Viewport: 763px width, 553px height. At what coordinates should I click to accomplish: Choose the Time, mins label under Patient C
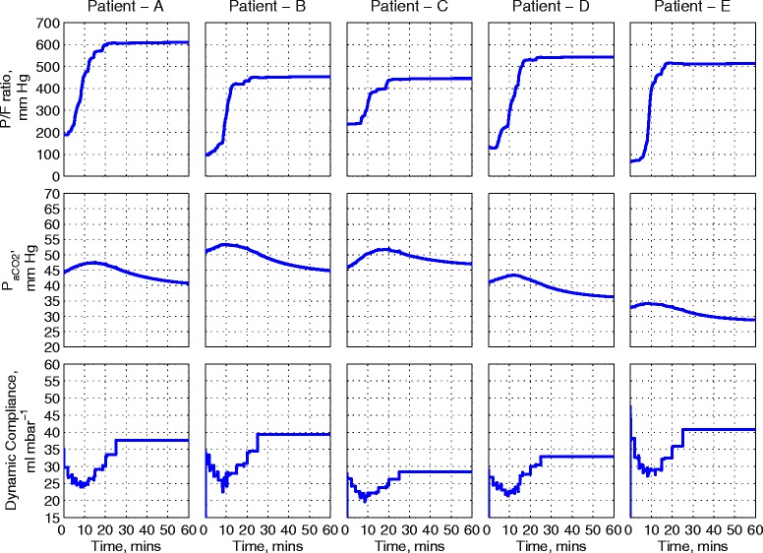[x=409, y=543]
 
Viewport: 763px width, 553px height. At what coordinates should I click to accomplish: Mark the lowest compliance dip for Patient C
[x=365, y=500]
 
